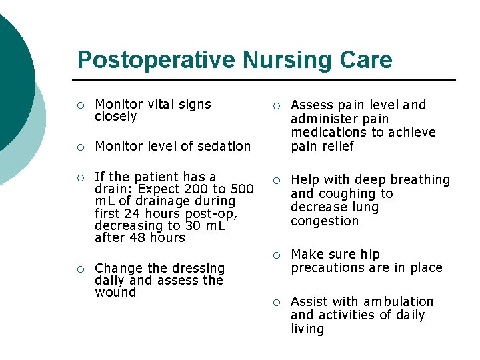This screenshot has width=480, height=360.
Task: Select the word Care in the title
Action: pyautogui.click(x=367, y=60)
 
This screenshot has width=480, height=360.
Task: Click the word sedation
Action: pyautogui.click(x=225, y=146)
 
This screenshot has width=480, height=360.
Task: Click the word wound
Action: pyautogui.click(x=115, y=292)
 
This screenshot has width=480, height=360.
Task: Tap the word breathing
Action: pyautogui.click(x=422, y=180)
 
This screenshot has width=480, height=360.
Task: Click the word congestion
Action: pyautogui.click(x=325, y=221)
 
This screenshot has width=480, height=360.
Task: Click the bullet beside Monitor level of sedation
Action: pyautogui.click(x=80, y=147)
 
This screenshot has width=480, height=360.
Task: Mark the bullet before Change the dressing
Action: pyautogui.click(x=80, y=269)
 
